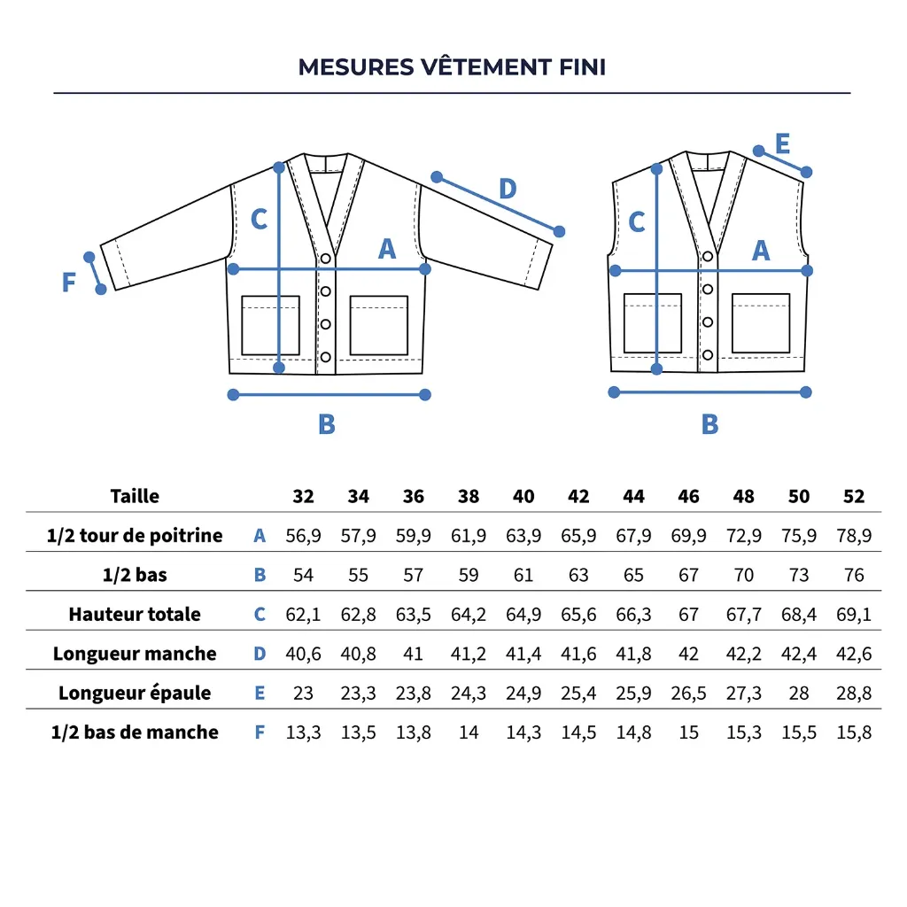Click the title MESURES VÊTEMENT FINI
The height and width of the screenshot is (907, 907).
(x=452, y=67)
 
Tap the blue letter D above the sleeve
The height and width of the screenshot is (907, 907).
(x=507, y=189)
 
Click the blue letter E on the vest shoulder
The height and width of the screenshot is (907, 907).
(x=782, y=143)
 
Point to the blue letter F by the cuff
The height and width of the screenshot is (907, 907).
(x=69, y=283)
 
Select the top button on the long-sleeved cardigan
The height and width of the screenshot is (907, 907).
(x=326, y=258)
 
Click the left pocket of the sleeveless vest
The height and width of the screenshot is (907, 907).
(x=652, y=322)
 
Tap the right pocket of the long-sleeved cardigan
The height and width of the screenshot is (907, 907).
(x=378, y=325)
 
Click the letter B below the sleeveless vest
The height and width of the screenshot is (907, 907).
(x=709, y=424)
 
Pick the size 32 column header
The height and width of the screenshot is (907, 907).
(x=303, y=496)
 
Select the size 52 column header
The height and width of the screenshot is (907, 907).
(x=854, y=496)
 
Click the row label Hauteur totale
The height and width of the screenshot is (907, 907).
(x=135, y=614)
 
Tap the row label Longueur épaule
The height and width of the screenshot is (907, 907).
(x=135, y=693)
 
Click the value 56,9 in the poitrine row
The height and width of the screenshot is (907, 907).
(x=303, y=536)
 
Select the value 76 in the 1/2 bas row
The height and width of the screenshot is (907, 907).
(x=854, y=575)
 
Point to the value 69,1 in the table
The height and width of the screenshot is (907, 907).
(x=854, y=614)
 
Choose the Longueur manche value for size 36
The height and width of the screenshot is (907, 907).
(x=414, y=654)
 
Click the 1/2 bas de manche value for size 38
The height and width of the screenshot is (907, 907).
(x=469, y=732)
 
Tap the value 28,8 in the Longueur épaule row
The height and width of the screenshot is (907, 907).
(x=854, y=693)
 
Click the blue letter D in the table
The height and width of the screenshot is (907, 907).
(x=260, y=654)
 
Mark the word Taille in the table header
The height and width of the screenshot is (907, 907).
(x=135, y=496)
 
